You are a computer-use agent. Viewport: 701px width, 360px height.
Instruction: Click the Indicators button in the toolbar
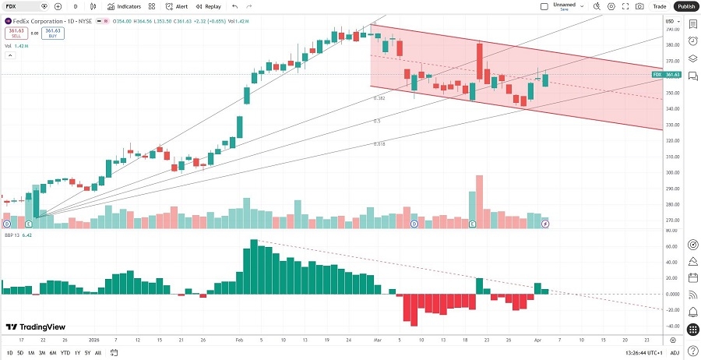(124, 6)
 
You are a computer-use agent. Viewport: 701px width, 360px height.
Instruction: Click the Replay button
(208, 6)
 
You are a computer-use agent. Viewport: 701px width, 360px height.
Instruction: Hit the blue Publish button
(685, 6)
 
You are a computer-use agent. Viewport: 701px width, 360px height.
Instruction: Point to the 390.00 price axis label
(671, 29)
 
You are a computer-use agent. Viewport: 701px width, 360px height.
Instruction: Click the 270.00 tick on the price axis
(671, 221)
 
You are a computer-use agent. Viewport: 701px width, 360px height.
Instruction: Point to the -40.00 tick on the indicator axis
(671, 326)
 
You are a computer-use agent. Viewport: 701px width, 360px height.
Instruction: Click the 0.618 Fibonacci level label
(379, 144)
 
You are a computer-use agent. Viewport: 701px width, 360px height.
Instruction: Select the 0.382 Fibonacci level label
(379, 98)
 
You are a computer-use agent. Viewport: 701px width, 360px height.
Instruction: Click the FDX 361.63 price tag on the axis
(667, 75)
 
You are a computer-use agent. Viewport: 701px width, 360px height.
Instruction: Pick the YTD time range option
(65, 353)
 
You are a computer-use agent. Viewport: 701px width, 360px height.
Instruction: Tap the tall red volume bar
(478, 201)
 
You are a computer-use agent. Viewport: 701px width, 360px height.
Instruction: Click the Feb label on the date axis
(239, 341)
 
